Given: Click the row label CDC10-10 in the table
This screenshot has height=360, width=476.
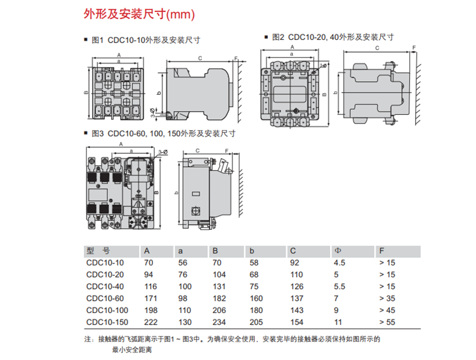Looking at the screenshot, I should [x=105, y=262].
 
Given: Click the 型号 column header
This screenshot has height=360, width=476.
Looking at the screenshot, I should [x=98, y=250].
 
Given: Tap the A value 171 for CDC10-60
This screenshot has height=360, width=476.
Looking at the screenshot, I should [x=150, y=298].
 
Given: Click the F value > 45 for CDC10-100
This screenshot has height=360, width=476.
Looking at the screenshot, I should [x=387, y=310].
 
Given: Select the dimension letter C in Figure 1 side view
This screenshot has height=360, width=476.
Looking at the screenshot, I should [x=199, y=58].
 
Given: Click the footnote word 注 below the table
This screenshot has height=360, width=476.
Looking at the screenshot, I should [x=88, y=339].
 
